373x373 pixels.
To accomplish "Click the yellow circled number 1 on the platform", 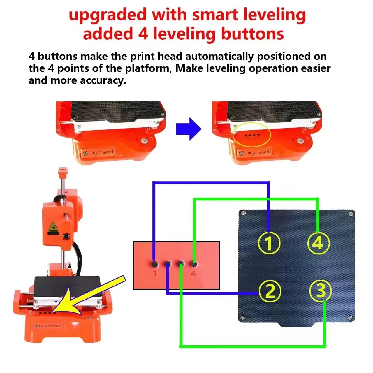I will click(269, 243).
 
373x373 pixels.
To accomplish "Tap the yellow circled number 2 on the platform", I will click(270, 291).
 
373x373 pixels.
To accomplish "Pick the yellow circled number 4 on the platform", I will click(319, 243).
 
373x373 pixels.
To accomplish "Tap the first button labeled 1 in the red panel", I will click(154, 264).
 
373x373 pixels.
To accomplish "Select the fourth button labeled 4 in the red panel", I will click(193, 264).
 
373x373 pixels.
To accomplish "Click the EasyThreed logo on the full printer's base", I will click(47, 326).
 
